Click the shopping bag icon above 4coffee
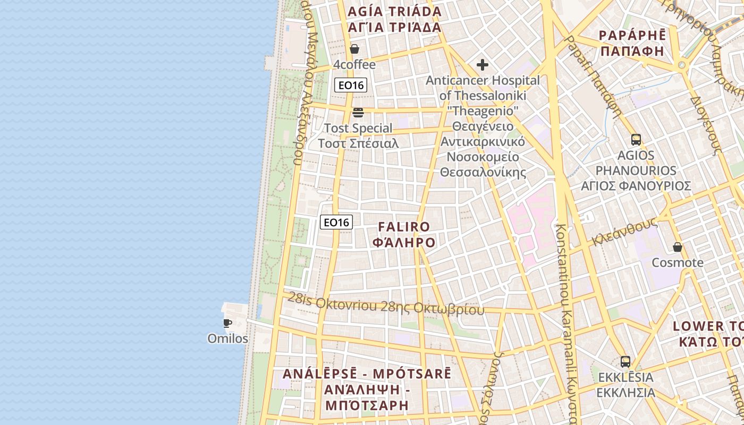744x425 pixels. pyautogui.click(x=354, y=49)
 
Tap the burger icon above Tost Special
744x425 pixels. pyautogui.click(x=358, y=113)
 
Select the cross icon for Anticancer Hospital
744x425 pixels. pyautogui.click(x=483, y=65)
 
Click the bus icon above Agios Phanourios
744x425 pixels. pyautogui.click(x=636, y=140)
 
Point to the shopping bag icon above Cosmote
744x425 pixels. pyautogui.click(x=678, y=247)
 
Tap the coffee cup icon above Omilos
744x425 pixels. pyautogui.click(x=227, y=323)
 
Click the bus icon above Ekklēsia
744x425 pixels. pyautogui.click(x=625, y=362)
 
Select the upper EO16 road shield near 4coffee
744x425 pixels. pyautogui.click(x=351, y=85)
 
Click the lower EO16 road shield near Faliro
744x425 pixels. pyautogui.click(x=336, y=222)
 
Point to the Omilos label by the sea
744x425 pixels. pyautogui.click(x=227, y=338)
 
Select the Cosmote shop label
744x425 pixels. pyautogui.click(x=678, y=262)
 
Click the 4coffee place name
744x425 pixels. pyautogui.click(x=354, y=65)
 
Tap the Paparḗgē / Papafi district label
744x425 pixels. pyautogui.click(x=632, y=43)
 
